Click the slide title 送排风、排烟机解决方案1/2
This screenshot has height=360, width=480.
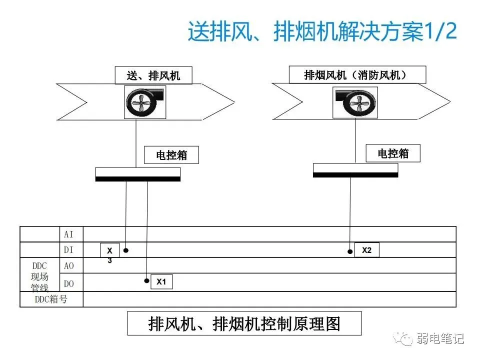(322, 32)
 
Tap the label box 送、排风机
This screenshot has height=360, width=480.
(153, 76)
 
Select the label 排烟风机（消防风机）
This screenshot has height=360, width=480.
(357, 75)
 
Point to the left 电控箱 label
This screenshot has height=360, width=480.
(171, 155)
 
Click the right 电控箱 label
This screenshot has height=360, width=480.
(393, 153)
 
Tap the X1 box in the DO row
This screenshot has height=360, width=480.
(161, 282)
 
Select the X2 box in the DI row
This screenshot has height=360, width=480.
(366, 250)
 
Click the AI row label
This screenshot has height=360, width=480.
(69, 234)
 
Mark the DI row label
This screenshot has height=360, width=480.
(69, 250)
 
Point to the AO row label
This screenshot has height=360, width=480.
(69, 266)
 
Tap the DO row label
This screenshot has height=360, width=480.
(69, 283)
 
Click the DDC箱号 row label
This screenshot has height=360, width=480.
(51, 299)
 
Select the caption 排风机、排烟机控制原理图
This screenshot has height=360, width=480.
(244, 323)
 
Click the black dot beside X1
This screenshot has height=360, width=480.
(146, 281)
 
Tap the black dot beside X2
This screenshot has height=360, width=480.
(350, 251)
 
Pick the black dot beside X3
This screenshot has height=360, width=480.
(126, 250)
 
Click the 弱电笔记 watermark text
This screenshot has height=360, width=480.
(440, 339)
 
